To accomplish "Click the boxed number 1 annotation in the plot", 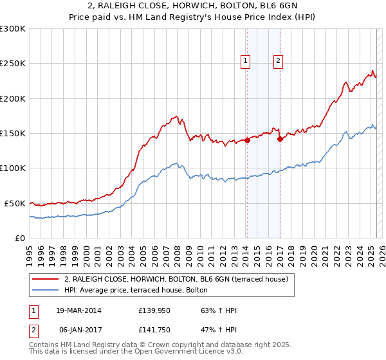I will tap(246, 62).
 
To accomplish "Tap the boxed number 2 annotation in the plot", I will tap(278, 62).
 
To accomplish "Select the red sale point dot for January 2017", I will tap(279, 139).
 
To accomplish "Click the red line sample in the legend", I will tap(46, 279).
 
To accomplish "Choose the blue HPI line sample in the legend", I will tap(46, 290).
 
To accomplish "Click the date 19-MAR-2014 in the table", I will tap(78, 310).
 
